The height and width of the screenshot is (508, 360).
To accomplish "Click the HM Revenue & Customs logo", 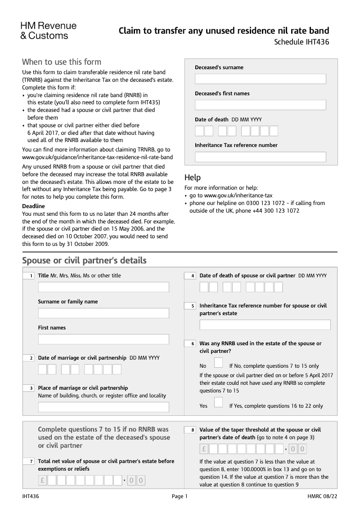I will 49,31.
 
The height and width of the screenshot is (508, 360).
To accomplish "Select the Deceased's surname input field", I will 260,79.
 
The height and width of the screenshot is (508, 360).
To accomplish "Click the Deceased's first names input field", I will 260,105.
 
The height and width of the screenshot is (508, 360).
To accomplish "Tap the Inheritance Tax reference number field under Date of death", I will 260,157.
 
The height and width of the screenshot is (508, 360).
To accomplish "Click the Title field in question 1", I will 103,287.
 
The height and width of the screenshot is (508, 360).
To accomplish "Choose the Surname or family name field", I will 103,313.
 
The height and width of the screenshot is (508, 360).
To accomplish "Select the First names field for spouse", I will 103,339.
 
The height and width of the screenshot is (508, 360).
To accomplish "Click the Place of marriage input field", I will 103,407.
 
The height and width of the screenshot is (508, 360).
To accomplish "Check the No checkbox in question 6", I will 219,363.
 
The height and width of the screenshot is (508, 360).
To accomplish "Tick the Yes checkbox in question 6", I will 219,402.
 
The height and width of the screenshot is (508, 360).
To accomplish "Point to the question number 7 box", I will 29,462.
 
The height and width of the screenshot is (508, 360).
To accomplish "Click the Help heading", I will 193,178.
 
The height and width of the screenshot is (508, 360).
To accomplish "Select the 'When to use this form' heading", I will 62,62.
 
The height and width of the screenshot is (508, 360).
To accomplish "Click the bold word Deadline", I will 33,206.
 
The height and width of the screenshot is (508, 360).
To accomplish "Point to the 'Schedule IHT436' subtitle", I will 301,43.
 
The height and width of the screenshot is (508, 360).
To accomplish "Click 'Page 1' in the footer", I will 180,496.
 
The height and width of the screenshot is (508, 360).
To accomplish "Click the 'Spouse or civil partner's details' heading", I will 84,261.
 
